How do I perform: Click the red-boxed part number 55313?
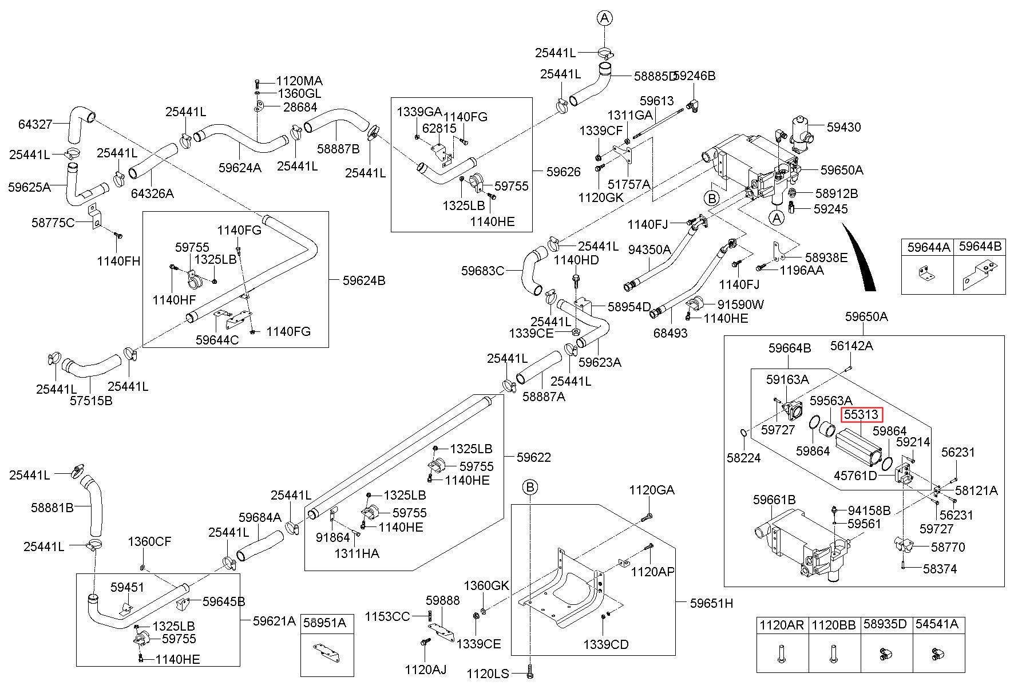click(x=862, y=415)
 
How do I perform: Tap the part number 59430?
click(x=843, y=127)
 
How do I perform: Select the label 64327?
click(x=35, y=124)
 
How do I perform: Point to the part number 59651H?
click(x=711, y=603)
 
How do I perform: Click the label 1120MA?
click(x=299, y=81)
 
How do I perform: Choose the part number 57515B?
click(x=91, y=401)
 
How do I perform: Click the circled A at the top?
click(x=605, y=18)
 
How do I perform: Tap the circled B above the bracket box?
click(x=530, y=488)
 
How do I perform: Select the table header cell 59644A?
click(x=928, y=247)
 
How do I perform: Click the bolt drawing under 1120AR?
click(x=782, y=653)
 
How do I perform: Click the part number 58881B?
click(x=52, y=508)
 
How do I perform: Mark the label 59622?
click(x=533, y=457)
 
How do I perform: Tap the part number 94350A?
click(x=649, y=250)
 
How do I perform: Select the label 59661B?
click(x=774, y=500)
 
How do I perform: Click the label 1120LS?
click(x=488, y=674)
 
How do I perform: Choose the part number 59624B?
click(x=364, y=280)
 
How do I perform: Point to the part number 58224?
click(x=744, y=458)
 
